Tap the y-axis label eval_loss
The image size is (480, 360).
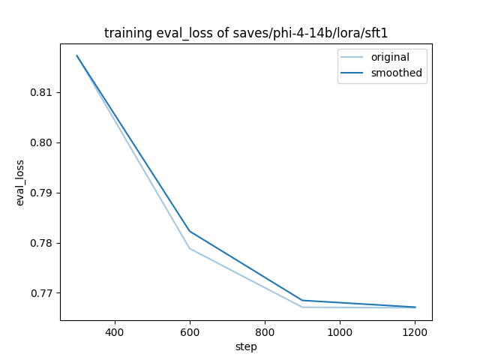(20, 182)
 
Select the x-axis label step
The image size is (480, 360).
(246, 346)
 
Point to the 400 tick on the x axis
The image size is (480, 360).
(115, 331)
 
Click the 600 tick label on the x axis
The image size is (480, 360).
(190, 331)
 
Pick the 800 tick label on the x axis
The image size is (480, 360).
(265, 331)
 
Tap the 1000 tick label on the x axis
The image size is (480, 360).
(340, 331)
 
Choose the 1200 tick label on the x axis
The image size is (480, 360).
(415, 331)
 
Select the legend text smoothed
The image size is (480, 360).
(396, 73)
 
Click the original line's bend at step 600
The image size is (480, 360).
(190, 248)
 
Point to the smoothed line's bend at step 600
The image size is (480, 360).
(190, 231)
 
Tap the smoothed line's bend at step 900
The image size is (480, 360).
(302, 300)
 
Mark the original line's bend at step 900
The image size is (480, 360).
(302, 307)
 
